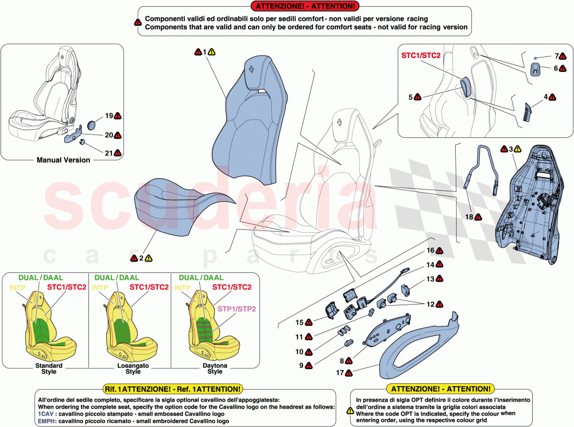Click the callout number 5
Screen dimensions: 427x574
point(410,97)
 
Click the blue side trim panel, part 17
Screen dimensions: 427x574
point(425,345)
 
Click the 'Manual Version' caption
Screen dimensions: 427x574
point(63,160)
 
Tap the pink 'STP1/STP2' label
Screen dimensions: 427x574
point(236,309)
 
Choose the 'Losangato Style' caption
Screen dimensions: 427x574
point(129,368)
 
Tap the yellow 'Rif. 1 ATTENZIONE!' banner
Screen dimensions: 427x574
point(172,389)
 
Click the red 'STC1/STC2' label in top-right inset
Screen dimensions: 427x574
point(421,55)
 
